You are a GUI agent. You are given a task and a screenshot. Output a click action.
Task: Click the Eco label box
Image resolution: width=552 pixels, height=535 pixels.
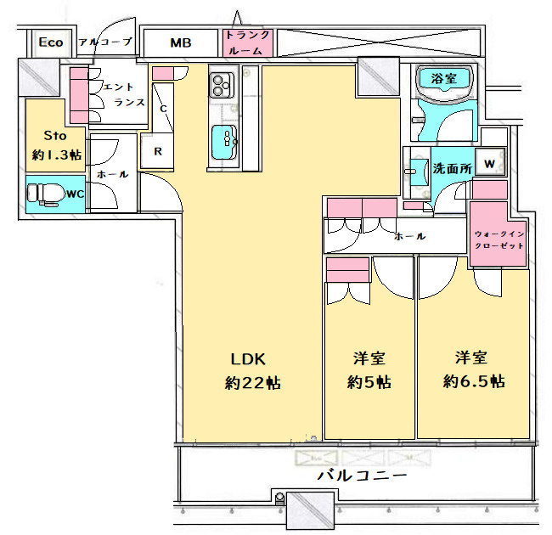pyautogui.click(x=51, y=42)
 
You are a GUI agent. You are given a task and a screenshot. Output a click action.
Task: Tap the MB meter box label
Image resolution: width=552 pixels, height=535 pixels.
pyautogui.click(x=181, y=43)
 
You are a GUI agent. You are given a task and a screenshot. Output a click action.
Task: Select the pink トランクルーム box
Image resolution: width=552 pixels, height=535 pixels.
pyautogui.click(x=248, y=42)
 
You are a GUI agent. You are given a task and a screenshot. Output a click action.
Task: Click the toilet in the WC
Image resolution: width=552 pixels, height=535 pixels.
pyautogui.click(x=42, y=194)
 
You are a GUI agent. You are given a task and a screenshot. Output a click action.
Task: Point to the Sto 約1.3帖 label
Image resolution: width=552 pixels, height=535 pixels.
pyautogui.click(x=56, y=145)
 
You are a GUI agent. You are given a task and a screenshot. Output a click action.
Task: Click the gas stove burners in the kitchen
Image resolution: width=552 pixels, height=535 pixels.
pyautogui.click(x=221, y=85)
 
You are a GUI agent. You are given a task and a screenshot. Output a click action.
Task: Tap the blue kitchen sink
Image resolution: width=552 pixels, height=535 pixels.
pyautogui.click(x=224, y=142)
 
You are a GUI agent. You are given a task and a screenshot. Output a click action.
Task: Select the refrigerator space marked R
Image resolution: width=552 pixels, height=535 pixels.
pyautogui.click(x=157, y=150)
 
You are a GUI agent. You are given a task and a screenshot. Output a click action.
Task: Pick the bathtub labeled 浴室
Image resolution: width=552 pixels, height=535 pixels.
pyautogui.click(x=443, y=80)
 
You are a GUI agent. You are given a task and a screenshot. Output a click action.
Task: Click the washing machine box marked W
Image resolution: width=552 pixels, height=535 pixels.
pyautogui.click(x=490, y=162)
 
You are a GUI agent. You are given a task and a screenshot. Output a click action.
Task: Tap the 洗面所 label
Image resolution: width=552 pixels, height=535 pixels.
pyautogui.click(x=453, y=169)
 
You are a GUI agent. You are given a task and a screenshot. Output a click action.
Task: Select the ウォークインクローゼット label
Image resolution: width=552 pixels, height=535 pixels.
pyautogui.click(x=499, y=239)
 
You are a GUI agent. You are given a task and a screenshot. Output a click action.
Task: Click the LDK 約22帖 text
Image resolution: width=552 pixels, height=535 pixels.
pyautogui.click(x=252, y=371)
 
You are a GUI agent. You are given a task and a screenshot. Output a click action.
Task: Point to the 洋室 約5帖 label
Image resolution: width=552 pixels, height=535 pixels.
pyautogui.click(x=369, y=370)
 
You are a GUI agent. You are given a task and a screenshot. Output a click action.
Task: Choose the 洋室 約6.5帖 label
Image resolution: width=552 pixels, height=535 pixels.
pyautogui.click(x=474, y=369)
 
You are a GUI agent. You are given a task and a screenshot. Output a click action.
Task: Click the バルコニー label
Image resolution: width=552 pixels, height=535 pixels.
pyautogui.click(x=362, y=476)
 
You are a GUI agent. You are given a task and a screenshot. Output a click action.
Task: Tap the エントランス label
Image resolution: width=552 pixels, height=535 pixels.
pyautogui.click(x=124, y=94)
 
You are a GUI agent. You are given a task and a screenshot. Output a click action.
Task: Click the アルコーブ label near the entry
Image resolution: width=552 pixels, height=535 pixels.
pyautogui.click(x=105, y=42)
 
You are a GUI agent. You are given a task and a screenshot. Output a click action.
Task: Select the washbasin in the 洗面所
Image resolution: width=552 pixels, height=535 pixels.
pyautogui.click(x=417, y=172)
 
